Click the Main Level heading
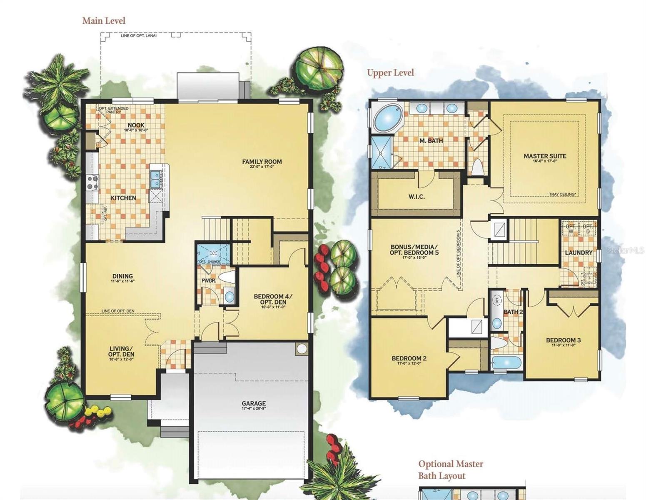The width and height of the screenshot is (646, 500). (x=104, y=20)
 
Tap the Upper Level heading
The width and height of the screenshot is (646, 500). (x=390, y=72)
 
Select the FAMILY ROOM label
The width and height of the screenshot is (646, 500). (x=262, y=162)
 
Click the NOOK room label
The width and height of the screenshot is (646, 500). (x=136, y=125)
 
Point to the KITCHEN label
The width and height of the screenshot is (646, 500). (x=123, y=198)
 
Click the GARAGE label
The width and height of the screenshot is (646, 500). (x=254, y=403)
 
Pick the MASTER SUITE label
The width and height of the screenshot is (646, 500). (x=545, y=156)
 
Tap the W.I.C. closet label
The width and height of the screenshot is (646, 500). (x=417, y=197)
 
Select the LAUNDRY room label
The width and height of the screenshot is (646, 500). (x=579, y=252)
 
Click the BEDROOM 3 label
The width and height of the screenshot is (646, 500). (x=563, y=340)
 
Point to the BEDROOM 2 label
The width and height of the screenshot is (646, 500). (x=409, y=358)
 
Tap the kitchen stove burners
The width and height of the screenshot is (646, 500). (x=92, y=182)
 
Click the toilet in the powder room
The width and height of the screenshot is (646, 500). (x=227, y=277)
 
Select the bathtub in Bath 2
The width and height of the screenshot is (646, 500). (x=505, y=362)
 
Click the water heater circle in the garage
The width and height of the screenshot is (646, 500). (x=302, y=348)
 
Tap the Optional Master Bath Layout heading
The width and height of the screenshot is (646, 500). (x=451, y=470)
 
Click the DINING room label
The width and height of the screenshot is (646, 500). (x=122, y=276)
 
